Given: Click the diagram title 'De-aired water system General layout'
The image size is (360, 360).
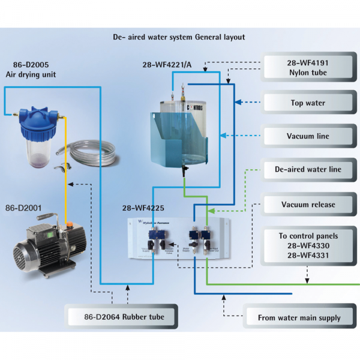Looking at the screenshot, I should tap(179, 37).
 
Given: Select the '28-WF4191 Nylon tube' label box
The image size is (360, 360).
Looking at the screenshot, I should tap(307, 67).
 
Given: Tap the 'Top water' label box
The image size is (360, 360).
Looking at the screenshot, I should tap(307, 103).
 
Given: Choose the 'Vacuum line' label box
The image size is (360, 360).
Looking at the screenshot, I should tap(307, 136).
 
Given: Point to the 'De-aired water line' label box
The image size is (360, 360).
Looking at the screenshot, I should tap(307, 170).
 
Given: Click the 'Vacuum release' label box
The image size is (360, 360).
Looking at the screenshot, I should tap(307, 205).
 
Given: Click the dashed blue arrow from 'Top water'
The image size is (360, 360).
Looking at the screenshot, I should tap(248, 103).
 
